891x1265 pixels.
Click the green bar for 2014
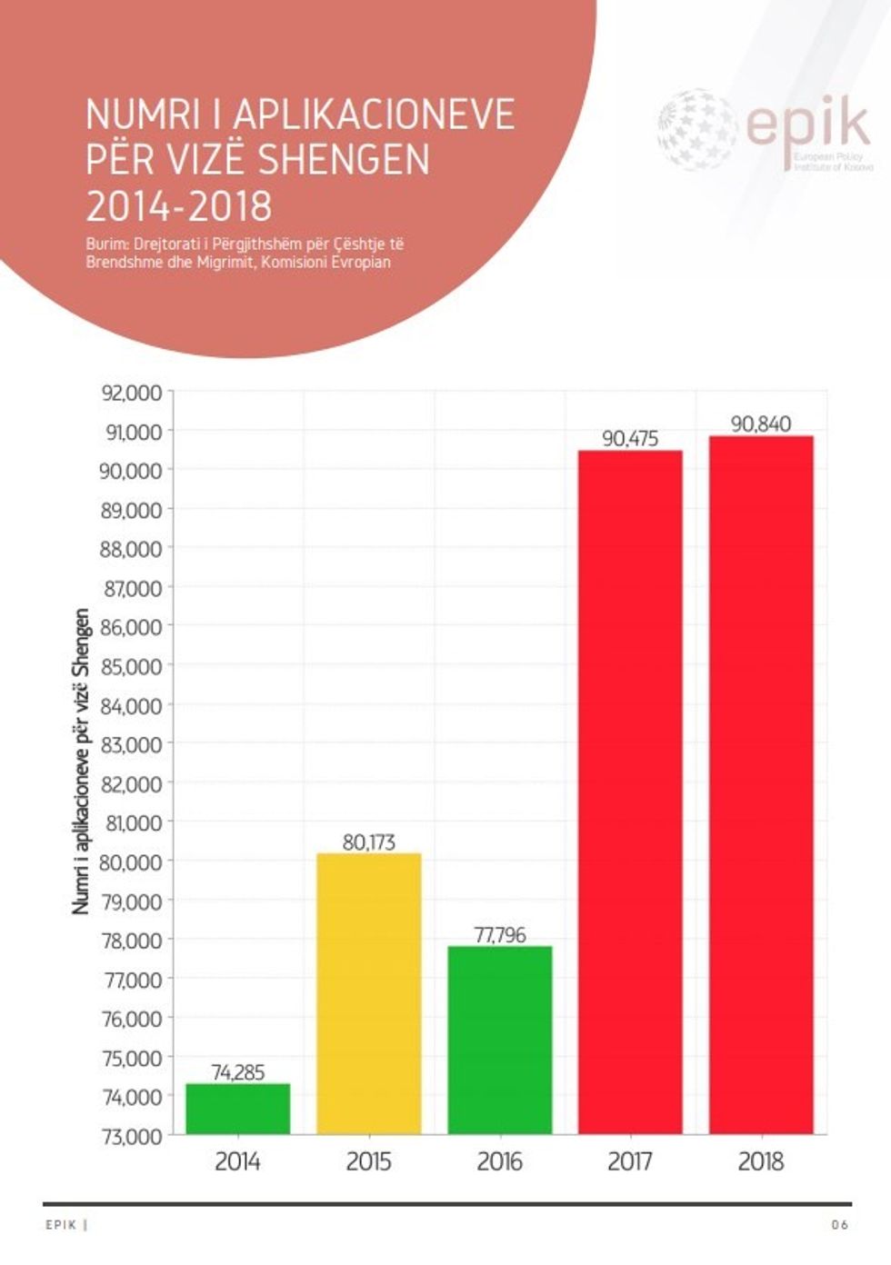click(x=238, y=1109)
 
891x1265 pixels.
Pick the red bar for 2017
click(x=630, y=791)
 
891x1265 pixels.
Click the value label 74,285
click(x=238, y=1072)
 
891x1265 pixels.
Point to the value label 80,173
click(x=369, y=842)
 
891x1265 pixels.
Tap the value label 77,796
click(x=500, y=935)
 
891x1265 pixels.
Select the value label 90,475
click(x=630, y=439)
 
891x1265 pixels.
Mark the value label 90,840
click(x=761, y=424)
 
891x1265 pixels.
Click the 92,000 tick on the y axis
click(x=131, y=393)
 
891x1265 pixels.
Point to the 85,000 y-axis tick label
click(x=131, y=666)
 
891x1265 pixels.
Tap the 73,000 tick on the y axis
click(x=131, y=1136)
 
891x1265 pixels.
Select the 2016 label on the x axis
click(x=500, y=1161)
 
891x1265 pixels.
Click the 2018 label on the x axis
click(x=761, y=1161)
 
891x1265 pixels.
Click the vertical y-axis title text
click(x=82, y=762)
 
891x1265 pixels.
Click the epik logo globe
click(x=698, y=129)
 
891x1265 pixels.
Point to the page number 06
click(x=840, y=1225)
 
